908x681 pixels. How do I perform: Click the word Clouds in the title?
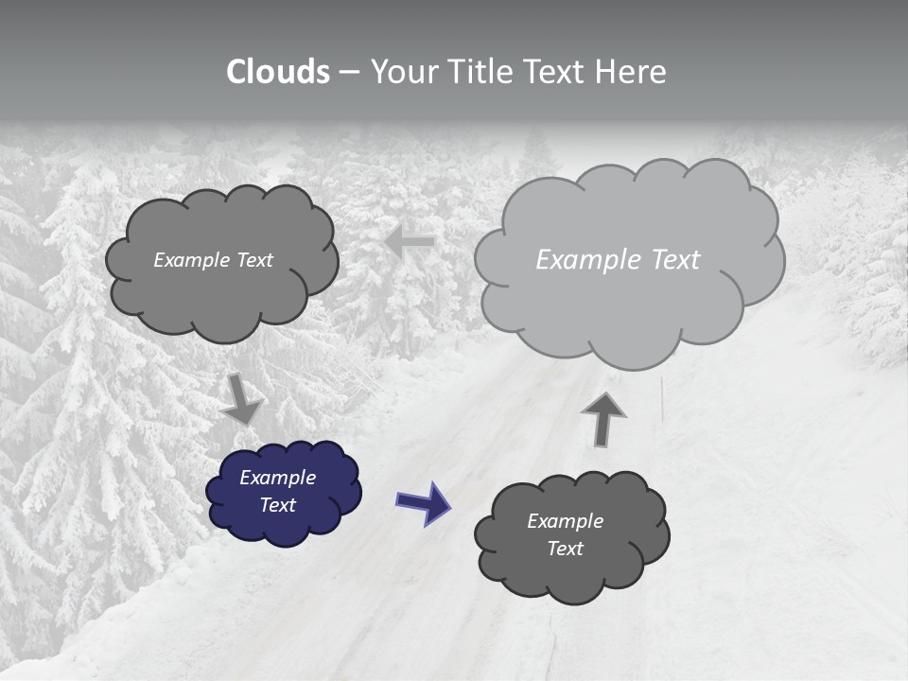click(278, 72)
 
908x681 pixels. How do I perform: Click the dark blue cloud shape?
click(283, 492)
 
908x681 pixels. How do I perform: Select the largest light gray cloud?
click(629, 260)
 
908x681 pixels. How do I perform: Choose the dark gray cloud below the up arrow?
click(571, 536)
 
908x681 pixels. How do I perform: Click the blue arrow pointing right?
click(423, 502)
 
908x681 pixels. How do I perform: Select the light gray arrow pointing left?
click(410, 242)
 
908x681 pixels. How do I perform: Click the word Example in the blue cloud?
click(277, 478)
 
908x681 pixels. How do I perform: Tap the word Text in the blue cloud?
click(278, 505)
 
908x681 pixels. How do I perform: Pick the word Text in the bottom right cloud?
click(565, 549)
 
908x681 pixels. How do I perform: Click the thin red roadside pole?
click(662, 400)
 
